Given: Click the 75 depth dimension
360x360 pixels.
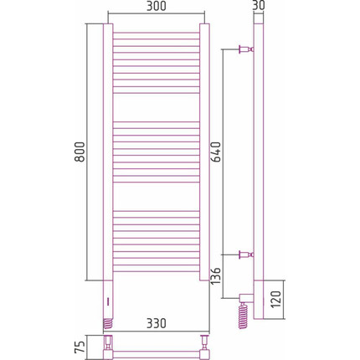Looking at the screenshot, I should (78, 346).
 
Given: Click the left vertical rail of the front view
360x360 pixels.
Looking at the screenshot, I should (107, 151).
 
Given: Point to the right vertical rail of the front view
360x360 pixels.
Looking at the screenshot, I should (204, 151).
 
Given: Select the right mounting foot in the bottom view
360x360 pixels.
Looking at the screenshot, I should (204, 345).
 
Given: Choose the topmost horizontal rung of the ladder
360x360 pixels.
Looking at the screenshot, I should (156, 33).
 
